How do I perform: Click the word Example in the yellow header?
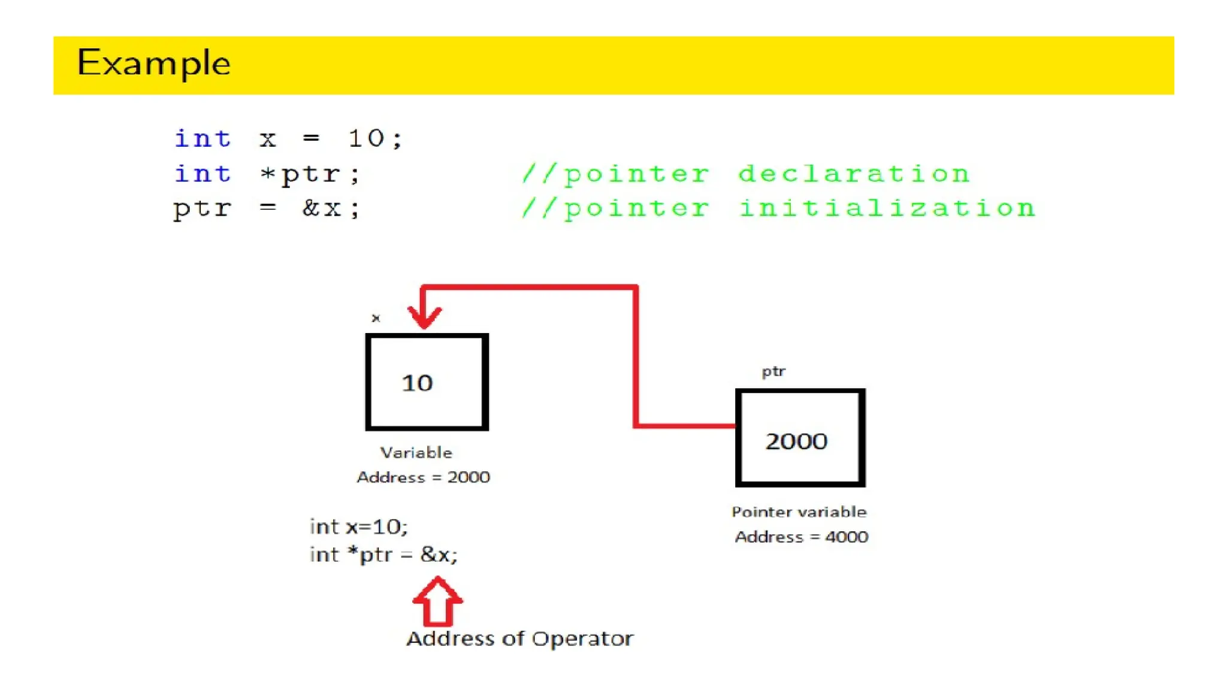point(154,63)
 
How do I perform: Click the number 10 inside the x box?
point(417,383)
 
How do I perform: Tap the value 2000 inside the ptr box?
point(796,441)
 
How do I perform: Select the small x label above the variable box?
point(376,318)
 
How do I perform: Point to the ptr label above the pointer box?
point(773,372)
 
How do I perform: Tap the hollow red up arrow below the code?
point(437,601)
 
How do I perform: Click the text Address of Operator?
point(519,638)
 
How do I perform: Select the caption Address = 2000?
point(423,477)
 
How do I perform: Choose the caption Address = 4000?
point(801,537)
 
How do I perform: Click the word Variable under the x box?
point(416,453)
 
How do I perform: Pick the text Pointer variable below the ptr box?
point(799,512)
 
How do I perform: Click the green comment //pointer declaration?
point(745,174)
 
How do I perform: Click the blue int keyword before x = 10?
point(203,139)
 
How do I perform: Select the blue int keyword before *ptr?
point(203,174)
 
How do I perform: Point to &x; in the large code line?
point(331,208)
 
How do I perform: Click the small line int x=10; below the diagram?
point(358,526)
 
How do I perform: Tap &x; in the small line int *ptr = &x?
point(439,555)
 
